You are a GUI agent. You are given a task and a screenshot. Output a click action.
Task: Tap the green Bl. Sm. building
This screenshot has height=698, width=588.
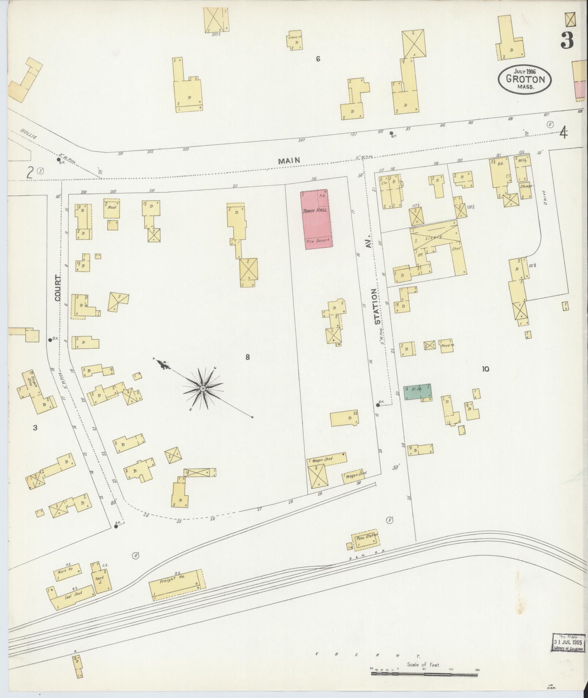[x=418, y=393]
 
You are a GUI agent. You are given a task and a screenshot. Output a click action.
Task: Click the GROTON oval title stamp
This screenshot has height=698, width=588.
[x=525, y=79]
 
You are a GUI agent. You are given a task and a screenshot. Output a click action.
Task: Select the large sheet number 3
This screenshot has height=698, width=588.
[x=567, y=41]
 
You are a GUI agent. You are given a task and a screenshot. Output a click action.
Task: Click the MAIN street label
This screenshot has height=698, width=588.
[x=289, y=160]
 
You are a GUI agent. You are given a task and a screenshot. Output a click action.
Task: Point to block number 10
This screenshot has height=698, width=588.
[x=485, y=369]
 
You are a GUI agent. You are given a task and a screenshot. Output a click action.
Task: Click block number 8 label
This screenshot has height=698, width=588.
[x=248, y=357]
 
